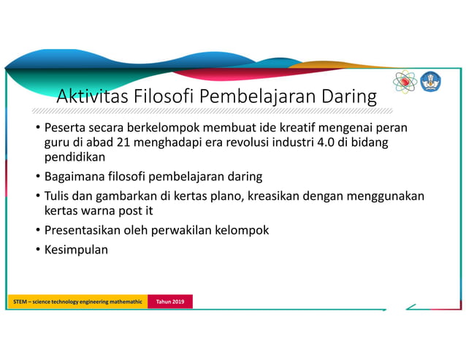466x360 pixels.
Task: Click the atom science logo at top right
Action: (x=404, y=82)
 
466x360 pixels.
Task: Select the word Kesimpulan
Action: (x=76, y=249)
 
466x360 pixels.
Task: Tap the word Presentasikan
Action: (x=87, y=230)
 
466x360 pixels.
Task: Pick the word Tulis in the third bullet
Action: (x=58, y=196)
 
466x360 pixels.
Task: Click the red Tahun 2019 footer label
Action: (x=170, y=302)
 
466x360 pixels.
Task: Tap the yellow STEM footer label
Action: (x=77, y=302)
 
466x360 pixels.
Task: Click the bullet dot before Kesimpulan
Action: (x=38, y=250)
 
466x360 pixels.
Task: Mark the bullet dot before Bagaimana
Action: (x=38, y=177)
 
